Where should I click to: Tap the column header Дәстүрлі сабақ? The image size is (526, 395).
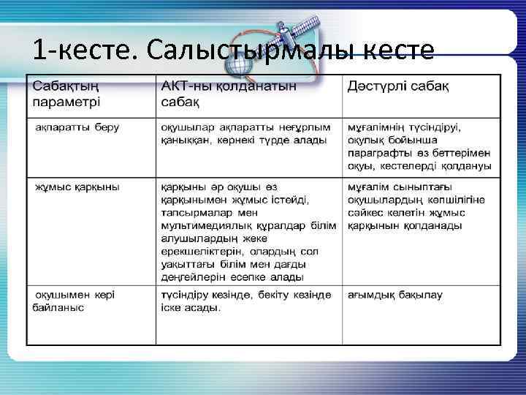click(x=398, y=87)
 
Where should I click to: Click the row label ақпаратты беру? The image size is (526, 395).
click(x=78, y=127)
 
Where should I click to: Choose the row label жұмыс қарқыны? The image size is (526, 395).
click(x=77, y=187)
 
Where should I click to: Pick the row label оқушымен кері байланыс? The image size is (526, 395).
click(x=73, y=301)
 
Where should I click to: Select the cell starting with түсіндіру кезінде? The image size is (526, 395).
click(x=246, y=301)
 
